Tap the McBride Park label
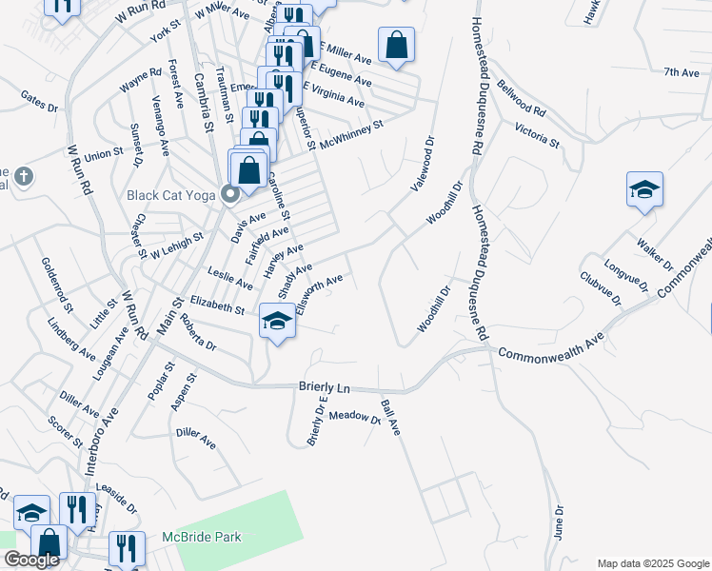click(201, 537)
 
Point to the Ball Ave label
click(390, 418)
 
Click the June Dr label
click(559, 522)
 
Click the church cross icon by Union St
click(24, 177)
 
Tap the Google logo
click(31, 560)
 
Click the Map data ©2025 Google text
click(652, 563)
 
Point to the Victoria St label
click(537, 135)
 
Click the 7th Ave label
click(682, 72)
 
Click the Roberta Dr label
click(199, 334)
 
